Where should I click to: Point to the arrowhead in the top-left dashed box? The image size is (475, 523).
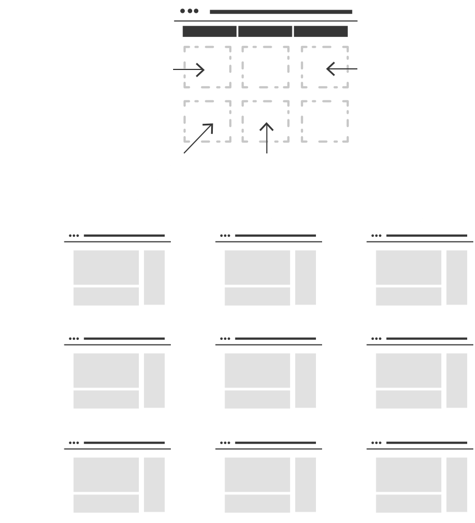click(200, 69)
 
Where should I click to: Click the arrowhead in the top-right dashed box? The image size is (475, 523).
click(331, 69)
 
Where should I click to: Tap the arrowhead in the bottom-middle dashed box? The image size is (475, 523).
click(267, 128)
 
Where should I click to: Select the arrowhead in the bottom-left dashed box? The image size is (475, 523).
click(209, 128)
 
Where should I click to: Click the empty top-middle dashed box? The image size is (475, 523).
click(266, 67)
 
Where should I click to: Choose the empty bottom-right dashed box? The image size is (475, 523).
click(325, 121)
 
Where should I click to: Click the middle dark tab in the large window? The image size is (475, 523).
click(265, 31)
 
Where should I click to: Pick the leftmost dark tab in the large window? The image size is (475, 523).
click(209, 31)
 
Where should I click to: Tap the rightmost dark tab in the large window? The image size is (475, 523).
click(320, 31)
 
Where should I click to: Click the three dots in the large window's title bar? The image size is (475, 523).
click(189, 11)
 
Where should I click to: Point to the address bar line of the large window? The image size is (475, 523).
click(281, 11)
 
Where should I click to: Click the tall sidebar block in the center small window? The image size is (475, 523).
click(305, 380)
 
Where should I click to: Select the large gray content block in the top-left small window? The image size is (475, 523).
click(106, 268)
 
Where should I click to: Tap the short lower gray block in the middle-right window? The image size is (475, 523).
click(408, 399)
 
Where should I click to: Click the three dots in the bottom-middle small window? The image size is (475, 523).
click(225, 442)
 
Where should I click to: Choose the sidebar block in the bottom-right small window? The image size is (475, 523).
click(457, 484)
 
